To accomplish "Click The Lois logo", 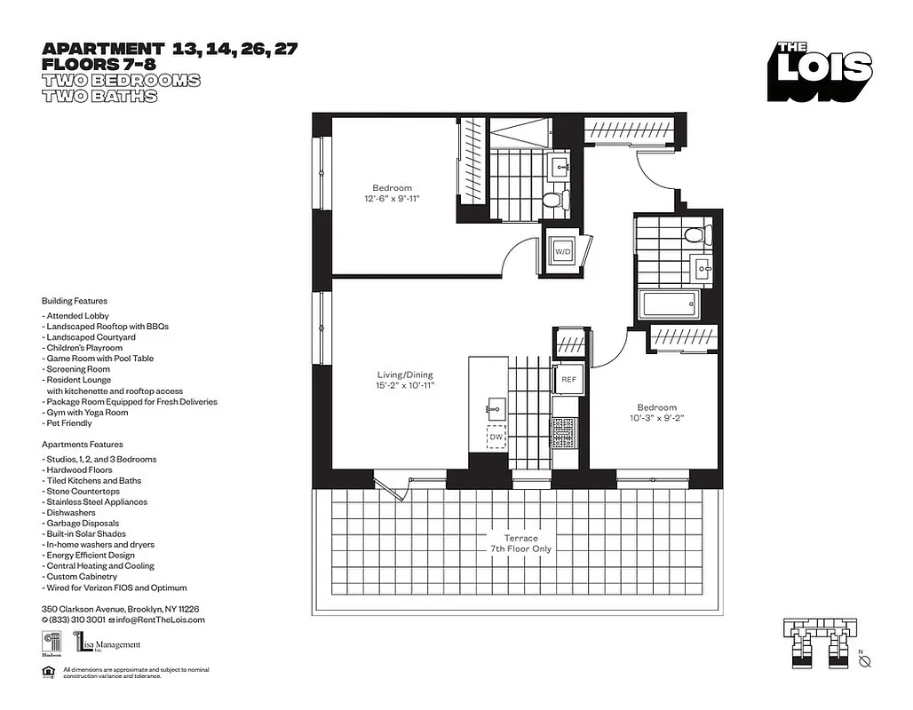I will coord(821,72).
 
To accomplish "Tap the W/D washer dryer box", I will coord(562,252).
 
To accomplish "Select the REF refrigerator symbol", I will coord(568,379).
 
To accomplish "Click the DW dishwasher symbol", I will coord(496,436).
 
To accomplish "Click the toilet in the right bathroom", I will coord(697,236).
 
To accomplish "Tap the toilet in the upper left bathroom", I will coord(553,200).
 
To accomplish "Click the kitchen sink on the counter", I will coord(495,409).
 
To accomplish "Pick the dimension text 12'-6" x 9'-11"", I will coord(392,199).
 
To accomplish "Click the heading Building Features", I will coord(75,301).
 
